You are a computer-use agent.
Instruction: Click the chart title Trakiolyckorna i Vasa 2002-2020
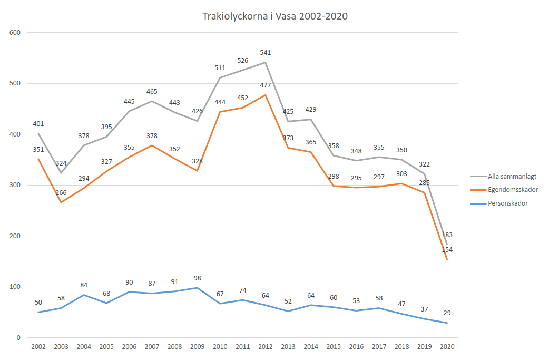pyautogui.click(x=275, y=16)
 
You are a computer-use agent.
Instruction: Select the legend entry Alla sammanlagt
pyautogui.click(x=505, y=177)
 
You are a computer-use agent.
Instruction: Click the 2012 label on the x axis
pyautogui.click(x=265, y=347)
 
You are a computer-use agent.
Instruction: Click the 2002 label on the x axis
pyautogui.click(x=38, y=347)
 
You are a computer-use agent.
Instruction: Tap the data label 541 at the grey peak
pyautogui.click(x=265, y=53)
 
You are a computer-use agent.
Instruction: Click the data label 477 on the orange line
pyautogui.click(x=265, y=85)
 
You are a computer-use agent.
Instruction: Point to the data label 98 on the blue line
pyautogui.click(x=197, y=278)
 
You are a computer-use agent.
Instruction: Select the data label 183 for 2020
pyautogui.click(x=447, y=235)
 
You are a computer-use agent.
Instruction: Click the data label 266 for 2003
pyautogui.click(x=61, y=193)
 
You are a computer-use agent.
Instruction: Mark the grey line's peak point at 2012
pyautogui.click(x=265, y=62)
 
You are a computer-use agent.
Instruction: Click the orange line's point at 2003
pyautogui.click(x=61, y=202)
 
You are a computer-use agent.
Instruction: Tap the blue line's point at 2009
pyautogui.click(x=197, y=288)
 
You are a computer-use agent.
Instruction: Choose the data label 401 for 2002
pyautogui.click(x=38, y=124)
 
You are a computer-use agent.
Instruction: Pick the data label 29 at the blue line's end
pyautogui.click(x=447, y=313)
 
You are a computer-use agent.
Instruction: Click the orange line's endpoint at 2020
pyautogui.click(x=447, y=259)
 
